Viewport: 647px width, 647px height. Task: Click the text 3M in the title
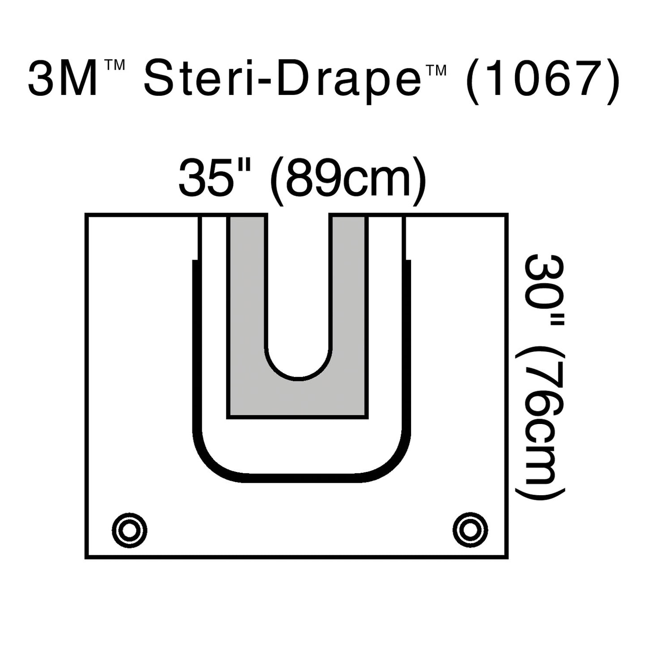(x=63, y=79)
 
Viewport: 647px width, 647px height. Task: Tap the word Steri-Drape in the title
(x=278, y=81)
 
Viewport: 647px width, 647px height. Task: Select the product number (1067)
(x=542, y=81)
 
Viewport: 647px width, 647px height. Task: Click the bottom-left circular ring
(x=130, y=530)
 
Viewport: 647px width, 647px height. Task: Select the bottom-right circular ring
(x=470, y=530)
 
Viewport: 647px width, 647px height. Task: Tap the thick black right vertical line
(x=408, y=349)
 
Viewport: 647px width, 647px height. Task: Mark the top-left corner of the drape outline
(x=86, y=214)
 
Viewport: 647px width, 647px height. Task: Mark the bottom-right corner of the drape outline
(x=507, y=558)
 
